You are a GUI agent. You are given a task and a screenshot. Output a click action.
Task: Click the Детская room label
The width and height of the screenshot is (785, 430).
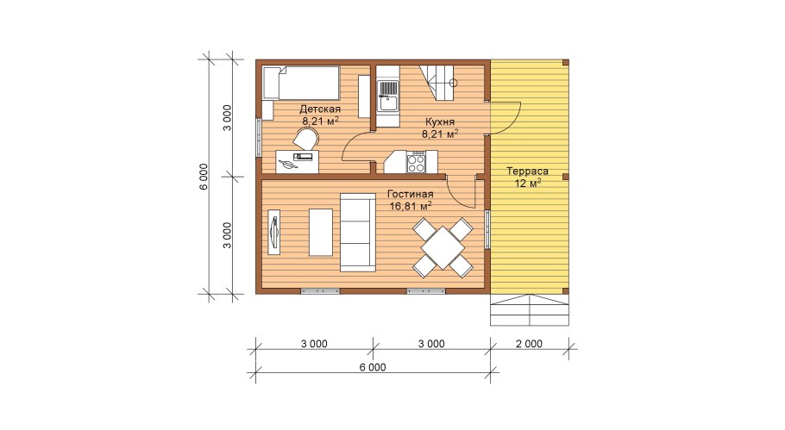click(x=320, y=109)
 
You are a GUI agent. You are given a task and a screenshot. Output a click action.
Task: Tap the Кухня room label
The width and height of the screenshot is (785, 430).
click(x=440, y=122)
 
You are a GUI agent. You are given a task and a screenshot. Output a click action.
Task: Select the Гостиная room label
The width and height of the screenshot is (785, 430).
click(x=410, y=194)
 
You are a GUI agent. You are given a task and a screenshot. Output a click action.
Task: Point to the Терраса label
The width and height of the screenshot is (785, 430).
click(x=527, y=171)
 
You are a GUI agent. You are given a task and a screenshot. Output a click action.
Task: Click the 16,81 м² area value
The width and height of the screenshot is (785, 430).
click(x=411, y=205)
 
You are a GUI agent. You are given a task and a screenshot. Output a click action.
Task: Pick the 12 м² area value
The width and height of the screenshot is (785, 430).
click(x=528, y=183)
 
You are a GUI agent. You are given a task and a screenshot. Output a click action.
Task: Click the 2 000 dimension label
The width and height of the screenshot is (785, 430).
click(x=529, y=344)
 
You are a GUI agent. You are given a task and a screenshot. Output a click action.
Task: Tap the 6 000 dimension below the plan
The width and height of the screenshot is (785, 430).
click(x=373, y=367)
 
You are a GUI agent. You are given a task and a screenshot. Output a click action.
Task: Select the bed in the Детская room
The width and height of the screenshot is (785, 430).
click(x=301, y=83)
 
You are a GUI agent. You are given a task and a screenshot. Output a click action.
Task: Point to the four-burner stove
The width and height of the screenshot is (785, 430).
click(x=416, y=163)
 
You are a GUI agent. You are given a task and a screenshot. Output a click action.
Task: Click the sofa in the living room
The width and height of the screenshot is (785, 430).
click(x=358, y=233)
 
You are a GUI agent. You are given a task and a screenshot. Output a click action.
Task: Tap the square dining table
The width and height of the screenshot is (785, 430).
click(x=443, y=247)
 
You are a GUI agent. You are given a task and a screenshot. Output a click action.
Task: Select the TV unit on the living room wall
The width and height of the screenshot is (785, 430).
click(x=273, y=233)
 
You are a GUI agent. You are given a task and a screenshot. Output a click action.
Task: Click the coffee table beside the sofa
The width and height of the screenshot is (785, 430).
click(x=321, y=233)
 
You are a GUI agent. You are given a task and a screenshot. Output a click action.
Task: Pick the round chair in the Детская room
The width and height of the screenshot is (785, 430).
click(x=305, y=139)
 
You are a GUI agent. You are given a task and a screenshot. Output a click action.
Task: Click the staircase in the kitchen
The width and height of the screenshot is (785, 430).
click(x=439, y=83)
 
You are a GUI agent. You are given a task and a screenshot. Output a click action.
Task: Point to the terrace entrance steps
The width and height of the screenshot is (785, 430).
click(x=530, y=309)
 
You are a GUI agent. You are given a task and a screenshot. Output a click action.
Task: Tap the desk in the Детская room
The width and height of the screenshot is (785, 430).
click(x=298, y=161)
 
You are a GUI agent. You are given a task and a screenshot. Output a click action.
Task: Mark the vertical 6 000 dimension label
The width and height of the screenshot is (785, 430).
click(x=204, y=177)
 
